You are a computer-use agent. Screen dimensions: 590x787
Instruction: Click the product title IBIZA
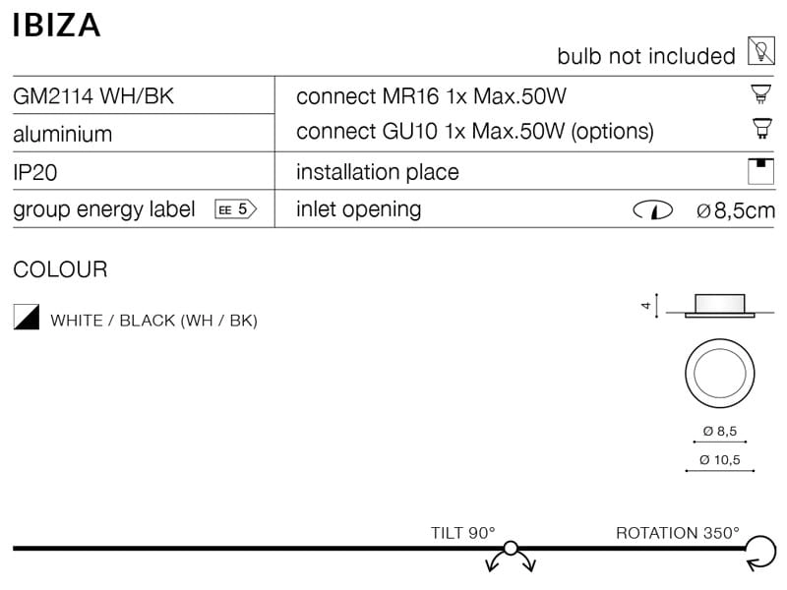click(x=56, y=25)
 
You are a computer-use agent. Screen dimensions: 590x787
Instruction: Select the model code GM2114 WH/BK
click(x=93, y=96)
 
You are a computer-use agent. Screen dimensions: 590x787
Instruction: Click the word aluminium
click(x=62, y=134)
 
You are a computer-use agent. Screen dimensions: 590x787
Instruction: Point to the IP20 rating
click(x=35, y=172)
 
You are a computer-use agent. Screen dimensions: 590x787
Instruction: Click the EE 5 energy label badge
click(x=235, y=209)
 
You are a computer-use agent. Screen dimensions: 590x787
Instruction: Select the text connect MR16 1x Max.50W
click(x=432, y=96)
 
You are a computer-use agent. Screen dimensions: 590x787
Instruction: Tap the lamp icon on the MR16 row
click(x=758, y=95)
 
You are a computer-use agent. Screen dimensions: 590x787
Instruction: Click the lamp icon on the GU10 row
click(x=758, y=128)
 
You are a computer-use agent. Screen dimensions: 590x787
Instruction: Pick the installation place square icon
click(x=759, y=170)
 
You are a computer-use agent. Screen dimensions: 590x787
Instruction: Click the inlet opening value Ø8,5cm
click(x=735, y=209)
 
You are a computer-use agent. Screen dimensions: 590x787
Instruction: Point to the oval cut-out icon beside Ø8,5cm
click(x=652, y=209)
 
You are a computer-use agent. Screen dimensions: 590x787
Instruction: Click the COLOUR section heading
click(x=60, y=269)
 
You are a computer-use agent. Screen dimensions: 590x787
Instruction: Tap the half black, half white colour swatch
click(x=26, y=317)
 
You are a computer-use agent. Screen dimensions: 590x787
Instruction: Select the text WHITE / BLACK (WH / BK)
click(x=153, y=321)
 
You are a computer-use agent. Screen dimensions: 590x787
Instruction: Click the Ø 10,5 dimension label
click(x=719, y=460)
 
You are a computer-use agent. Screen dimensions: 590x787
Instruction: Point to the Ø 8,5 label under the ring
click(x=719, y=431)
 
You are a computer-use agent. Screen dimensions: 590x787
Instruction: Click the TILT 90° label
click(x=462, y=533)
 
